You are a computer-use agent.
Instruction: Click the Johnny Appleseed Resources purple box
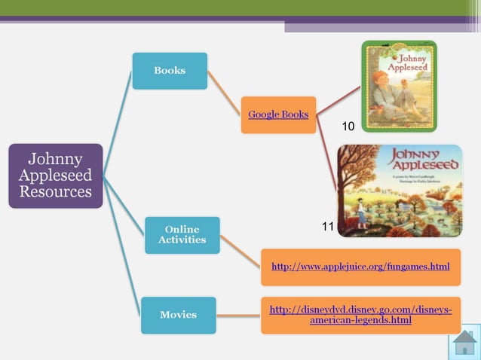(x=55, y=175)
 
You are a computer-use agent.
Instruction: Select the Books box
(x=170, y=71)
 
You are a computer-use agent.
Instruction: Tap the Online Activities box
(x=182, y=235)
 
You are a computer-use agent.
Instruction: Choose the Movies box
(x=178, y=315)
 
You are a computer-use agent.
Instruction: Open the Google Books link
(x=278, y=114)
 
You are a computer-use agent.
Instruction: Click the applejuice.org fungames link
(x=360, y=267)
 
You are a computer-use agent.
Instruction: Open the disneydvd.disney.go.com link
(x=360, y=315)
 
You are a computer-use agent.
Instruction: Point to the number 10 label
(x=348, y=127)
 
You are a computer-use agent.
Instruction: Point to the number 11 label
(x=327, y=226)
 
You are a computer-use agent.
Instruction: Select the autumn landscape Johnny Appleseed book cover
(x=399, y=191)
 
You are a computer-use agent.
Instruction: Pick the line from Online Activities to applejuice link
(x=240, y=252)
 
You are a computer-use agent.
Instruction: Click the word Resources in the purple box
(x=55, y=192)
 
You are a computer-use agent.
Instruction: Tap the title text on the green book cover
(x=412, y=61)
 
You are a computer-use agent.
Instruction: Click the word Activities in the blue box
(x=182, y=240)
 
